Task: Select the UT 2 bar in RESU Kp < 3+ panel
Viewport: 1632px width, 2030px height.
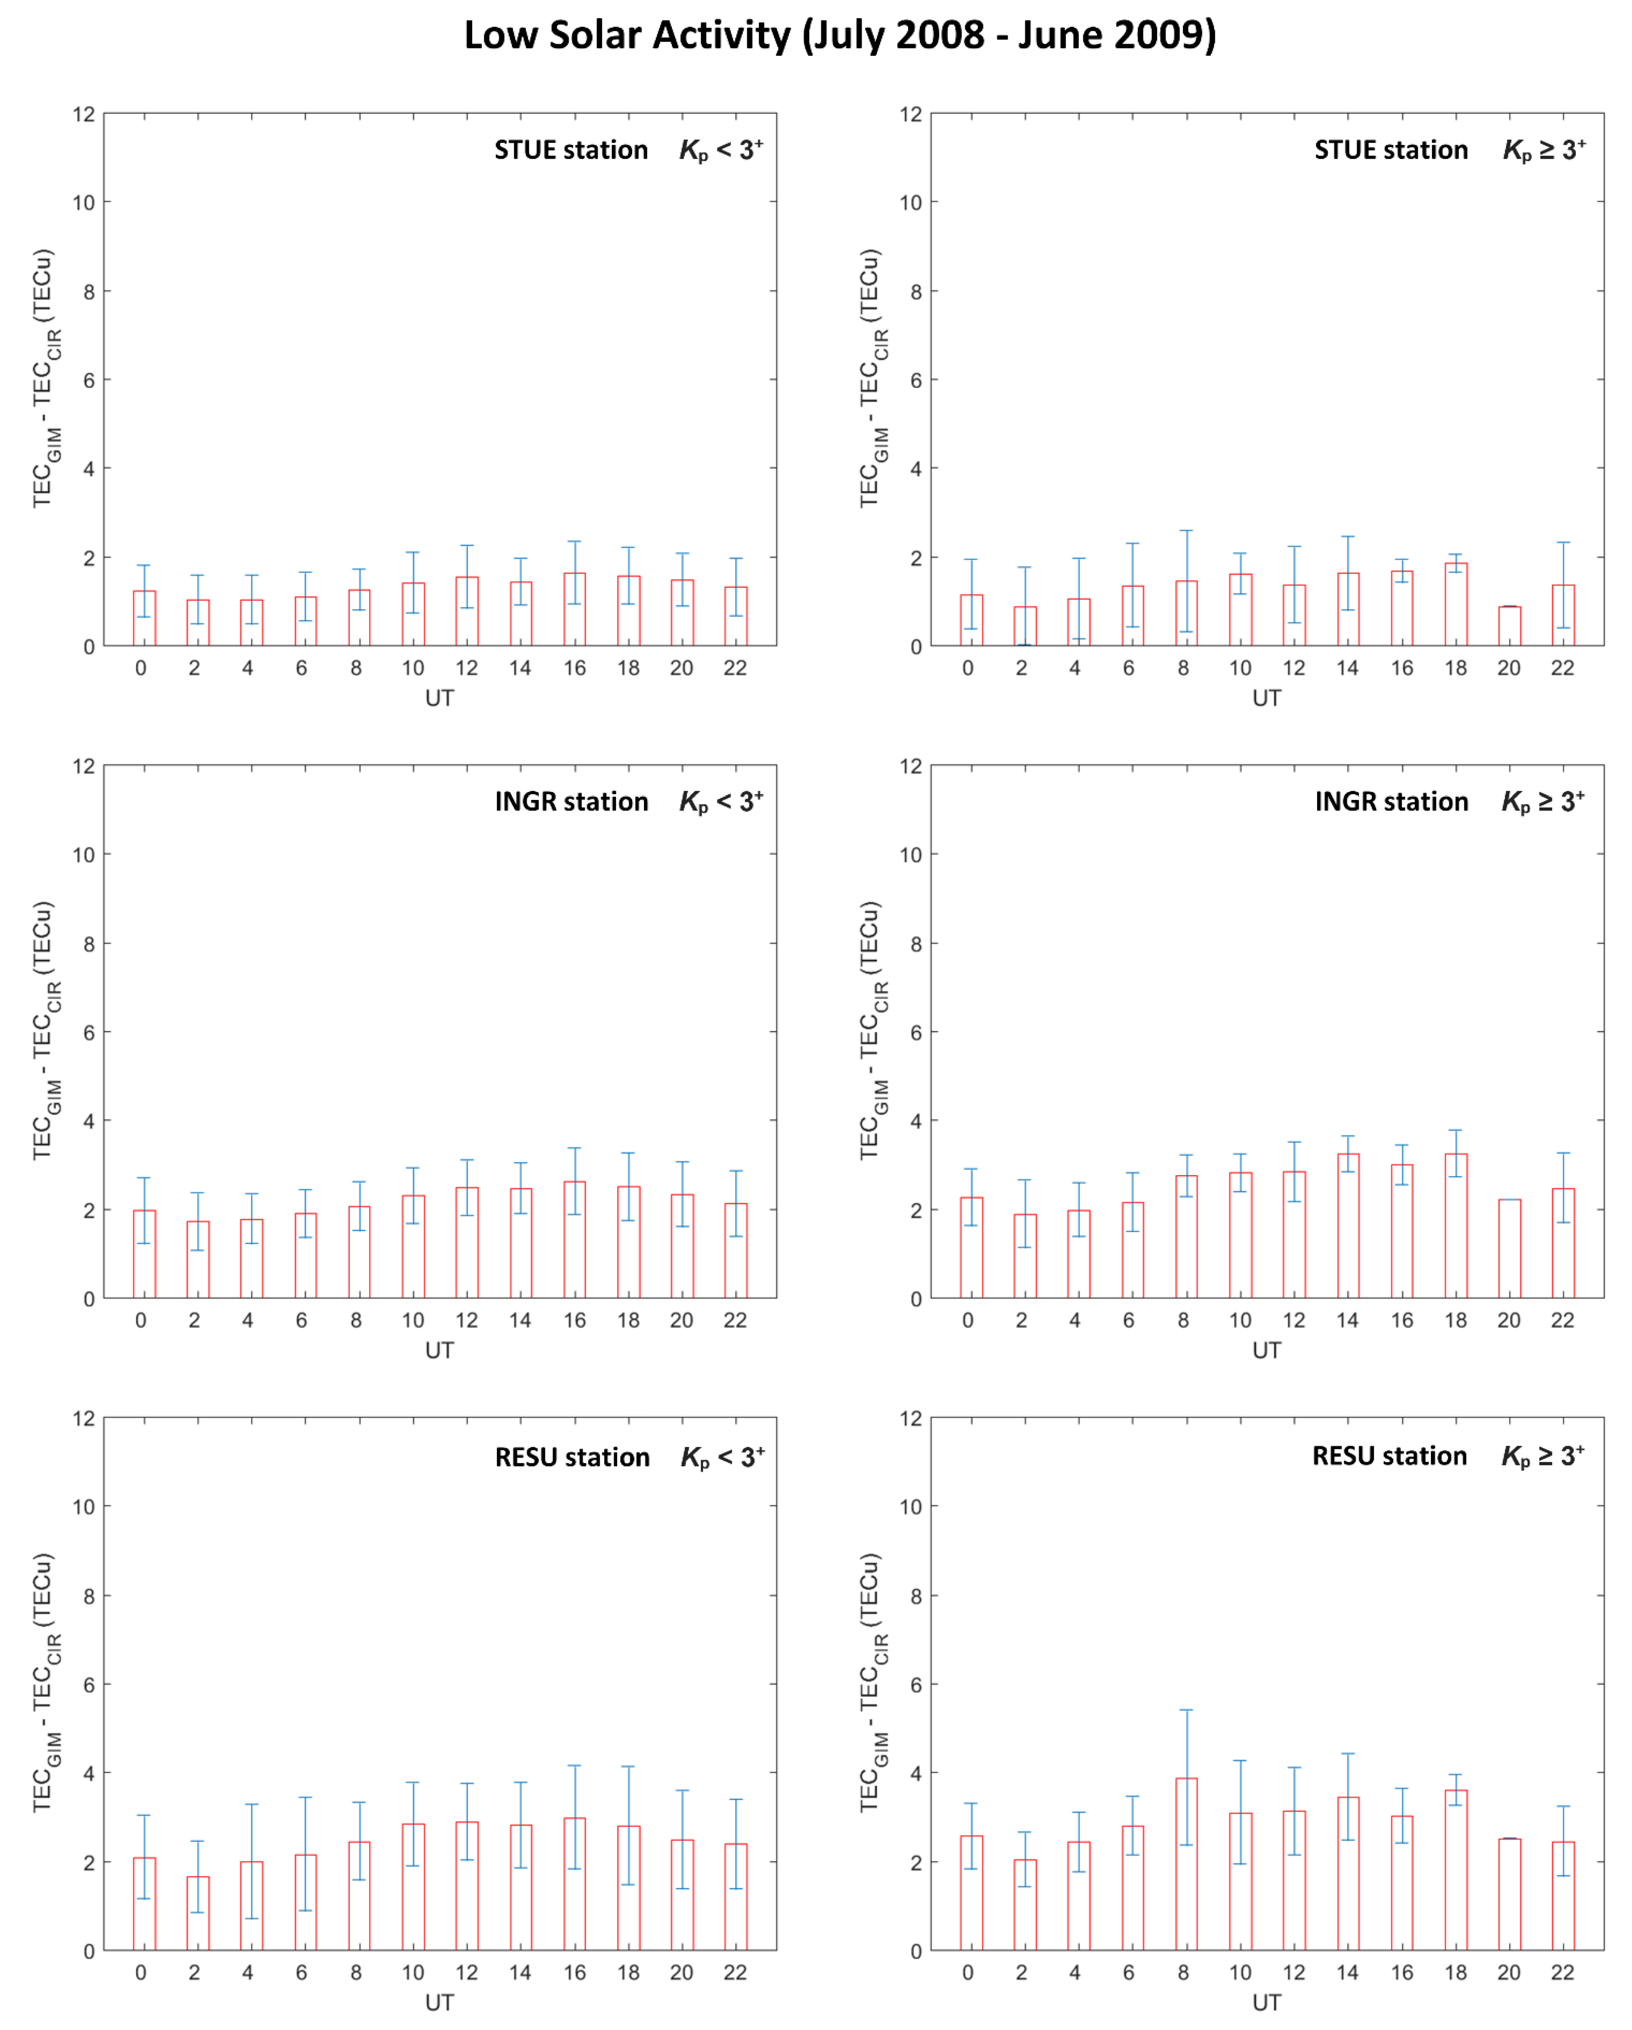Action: pos(198,1913)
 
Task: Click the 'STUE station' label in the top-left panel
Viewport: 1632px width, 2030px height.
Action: pos(572,150)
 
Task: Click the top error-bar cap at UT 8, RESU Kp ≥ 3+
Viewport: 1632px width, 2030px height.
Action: pos(1186,1710)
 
